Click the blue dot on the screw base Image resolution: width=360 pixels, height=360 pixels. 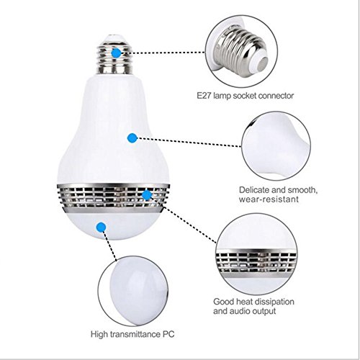[x=117, y=53]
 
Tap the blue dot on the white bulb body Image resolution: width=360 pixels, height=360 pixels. [x=132, y=138]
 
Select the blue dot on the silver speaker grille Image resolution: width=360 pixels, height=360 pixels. [x=147, y=195]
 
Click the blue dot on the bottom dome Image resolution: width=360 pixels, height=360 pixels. [x=102, y=227]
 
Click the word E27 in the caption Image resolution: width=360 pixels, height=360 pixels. [x=204, y=96]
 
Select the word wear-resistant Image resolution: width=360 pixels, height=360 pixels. [x=269, y=199]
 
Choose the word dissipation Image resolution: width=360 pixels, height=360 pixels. [x=274, y=302]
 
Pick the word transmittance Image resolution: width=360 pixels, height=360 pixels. [x=135, y=334]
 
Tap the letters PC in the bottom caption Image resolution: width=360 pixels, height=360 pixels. [x=168, y=334]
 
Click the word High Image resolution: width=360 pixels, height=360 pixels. [x=99, y=334]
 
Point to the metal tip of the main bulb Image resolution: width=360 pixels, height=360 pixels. [x=113, y=37]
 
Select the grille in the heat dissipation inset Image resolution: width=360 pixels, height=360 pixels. [x=256, y=264]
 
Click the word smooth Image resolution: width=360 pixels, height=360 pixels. [x=302, y=190]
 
